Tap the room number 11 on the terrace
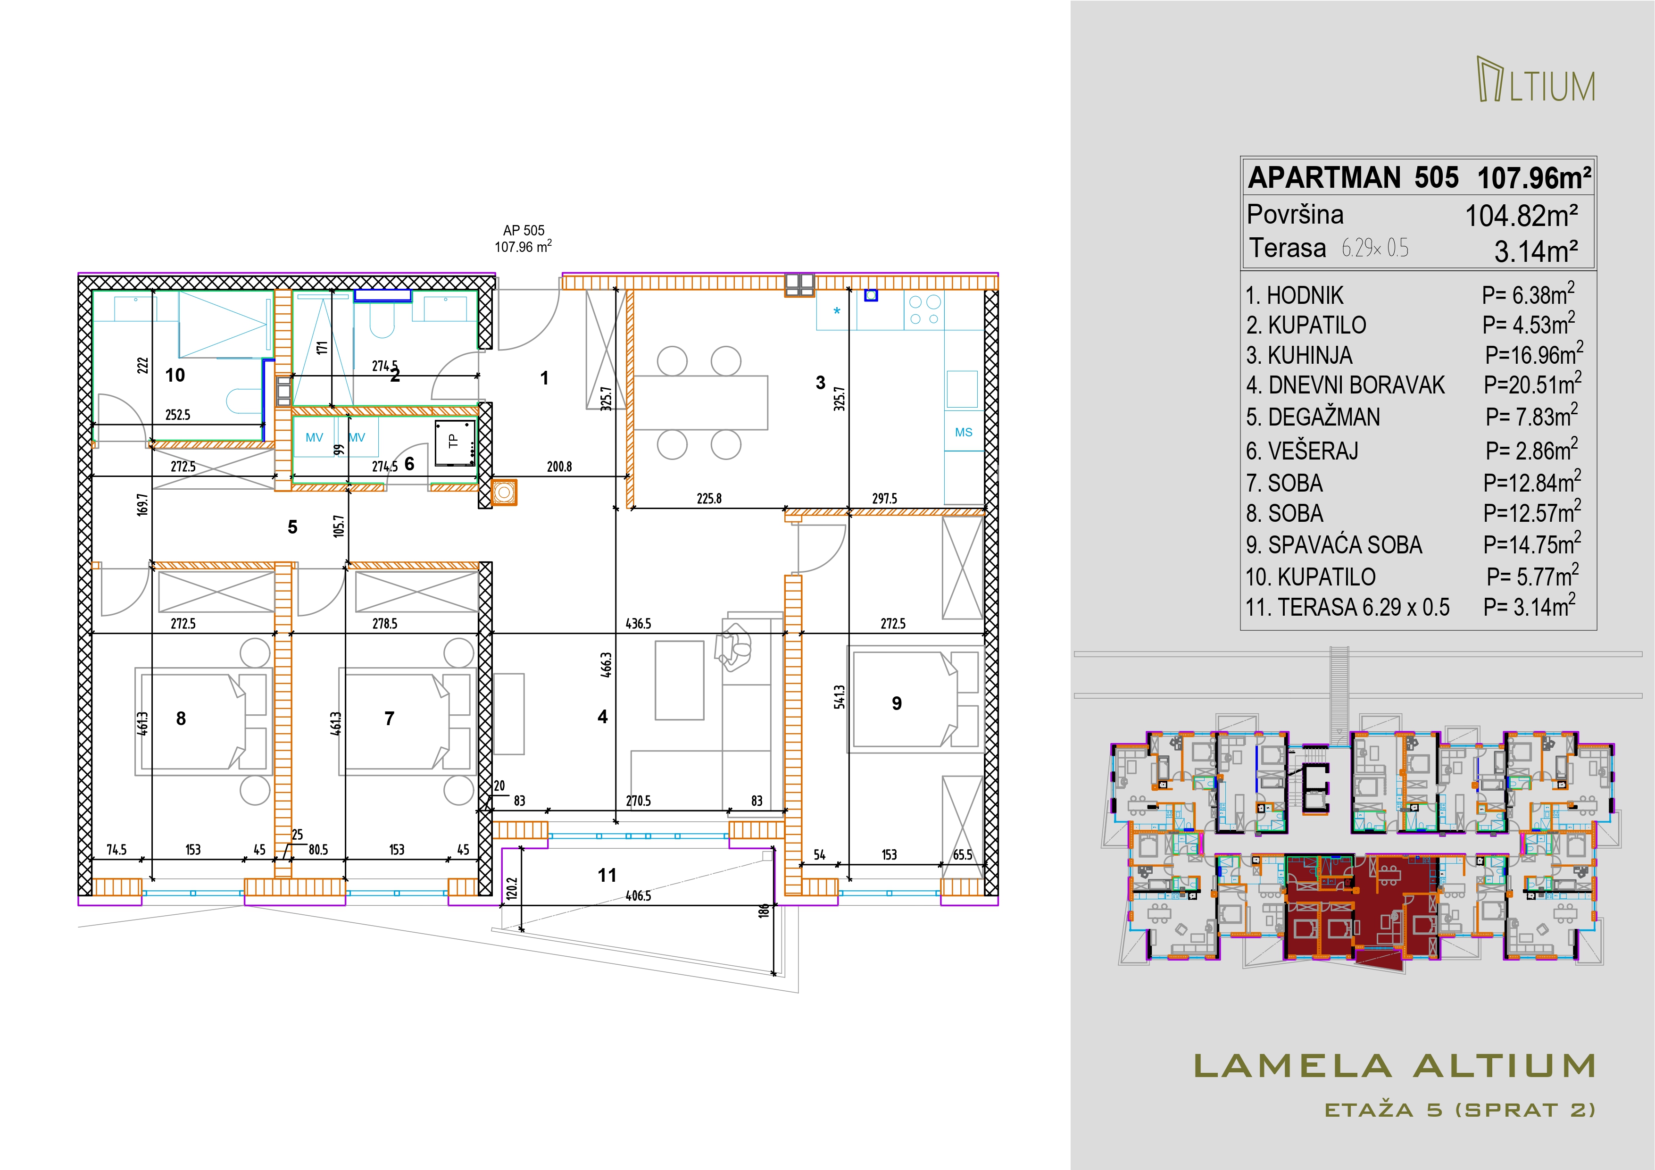click(607, 875)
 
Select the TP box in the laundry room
click(455, 441)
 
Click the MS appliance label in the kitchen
click(964, 433)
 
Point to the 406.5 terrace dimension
click(639, 896)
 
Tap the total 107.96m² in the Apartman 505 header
click(1534, 178)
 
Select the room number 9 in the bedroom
click(897, 703)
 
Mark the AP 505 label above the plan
click(524, 231)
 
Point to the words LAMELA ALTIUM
click(1394, 1067)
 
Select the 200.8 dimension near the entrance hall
click(559, 467)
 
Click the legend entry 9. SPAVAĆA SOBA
click(1334, 545)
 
